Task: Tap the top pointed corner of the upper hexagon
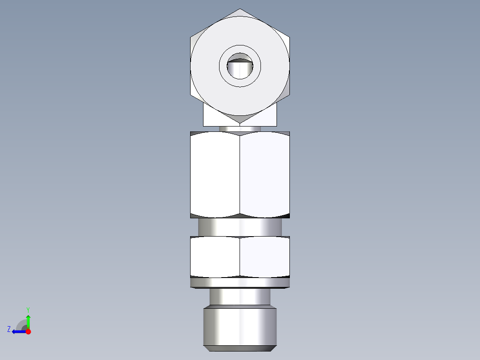[240, 9]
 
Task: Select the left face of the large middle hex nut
[215, 174]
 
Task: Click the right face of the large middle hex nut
[265, 174]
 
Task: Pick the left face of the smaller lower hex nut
[215, 257]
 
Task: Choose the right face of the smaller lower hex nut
[265, 257]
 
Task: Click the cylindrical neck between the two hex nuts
[240, 227]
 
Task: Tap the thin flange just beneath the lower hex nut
[240, 282]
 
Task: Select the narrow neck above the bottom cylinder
[240, 296]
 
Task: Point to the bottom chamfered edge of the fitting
[240, 348]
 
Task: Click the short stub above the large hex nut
[240, 129]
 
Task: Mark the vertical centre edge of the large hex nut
[240, 174]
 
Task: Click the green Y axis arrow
[28, 320]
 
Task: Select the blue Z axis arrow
[17, 331]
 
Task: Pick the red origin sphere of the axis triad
[28, 331]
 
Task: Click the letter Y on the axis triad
[28, 309]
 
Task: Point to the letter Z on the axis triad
[9, 329]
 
